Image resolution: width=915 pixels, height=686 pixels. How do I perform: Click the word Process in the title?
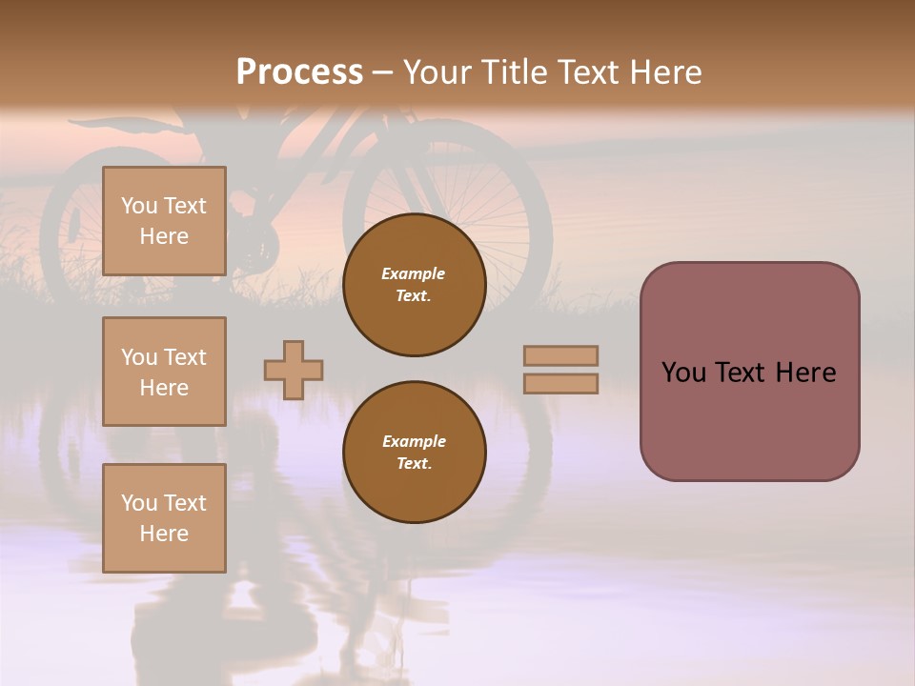click(299, 72)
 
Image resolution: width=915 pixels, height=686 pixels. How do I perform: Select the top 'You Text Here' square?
click(164, 221)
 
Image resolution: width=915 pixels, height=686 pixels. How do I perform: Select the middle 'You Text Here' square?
click(164, 372)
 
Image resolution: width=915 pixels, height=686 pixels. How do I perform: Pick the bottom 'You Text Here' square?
click(164, 518)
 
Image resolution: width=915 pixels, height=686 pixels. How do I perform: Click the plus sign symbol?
click(294, 371)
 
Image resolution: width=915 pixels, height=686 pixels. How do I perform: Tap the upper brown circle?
click(415, 285)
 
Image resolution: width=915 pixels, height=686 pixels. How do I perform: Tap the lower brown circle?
click(415, 452)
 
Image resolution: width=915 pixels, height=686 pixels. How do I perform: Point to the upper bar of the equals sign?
click(561, 355)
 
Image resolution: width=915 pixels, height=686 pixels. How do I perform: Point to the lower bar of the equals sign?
click(561, 384)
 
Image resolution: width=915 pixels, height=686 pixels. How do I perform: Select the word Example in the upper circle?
click(414, 273)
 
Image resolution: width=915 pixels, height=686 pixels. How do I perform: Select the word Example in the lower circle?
click(414, 441)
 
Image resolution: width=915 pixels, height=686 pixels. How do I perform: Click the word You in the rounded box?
click(684, 373)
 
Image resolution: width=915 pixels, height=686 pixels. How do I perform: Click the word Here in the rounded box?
click(806, 373)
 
